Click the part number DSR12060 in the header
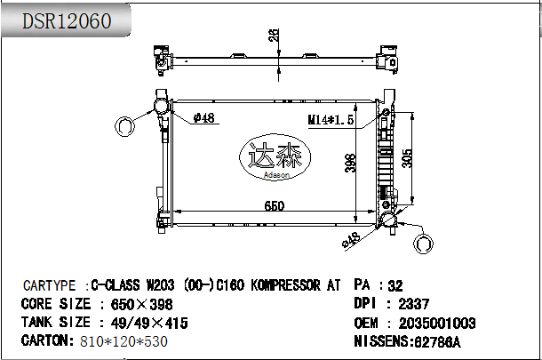click(67, 20)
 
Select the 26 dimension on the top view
click(275, 35)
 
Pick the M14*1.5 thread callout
click(331, 119)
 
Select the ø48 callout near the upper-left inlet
click(204, 117)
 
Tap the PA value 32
click(395, 285)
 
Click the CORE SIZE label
click(54, 304)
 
